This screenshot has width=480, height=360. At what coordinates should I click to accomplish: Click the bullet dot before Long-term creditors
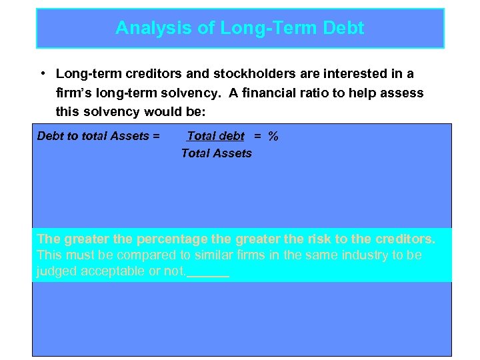42,73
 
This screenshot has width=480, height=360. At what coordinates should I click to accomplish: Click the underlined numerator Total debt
215,136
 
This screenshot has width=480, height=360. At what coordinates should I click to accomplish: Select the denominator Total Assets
217,153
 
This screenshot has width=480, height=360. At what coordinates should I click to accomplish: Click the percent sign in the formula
273,136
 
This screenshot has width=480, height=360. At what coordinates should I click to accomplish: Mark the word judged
55,272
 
